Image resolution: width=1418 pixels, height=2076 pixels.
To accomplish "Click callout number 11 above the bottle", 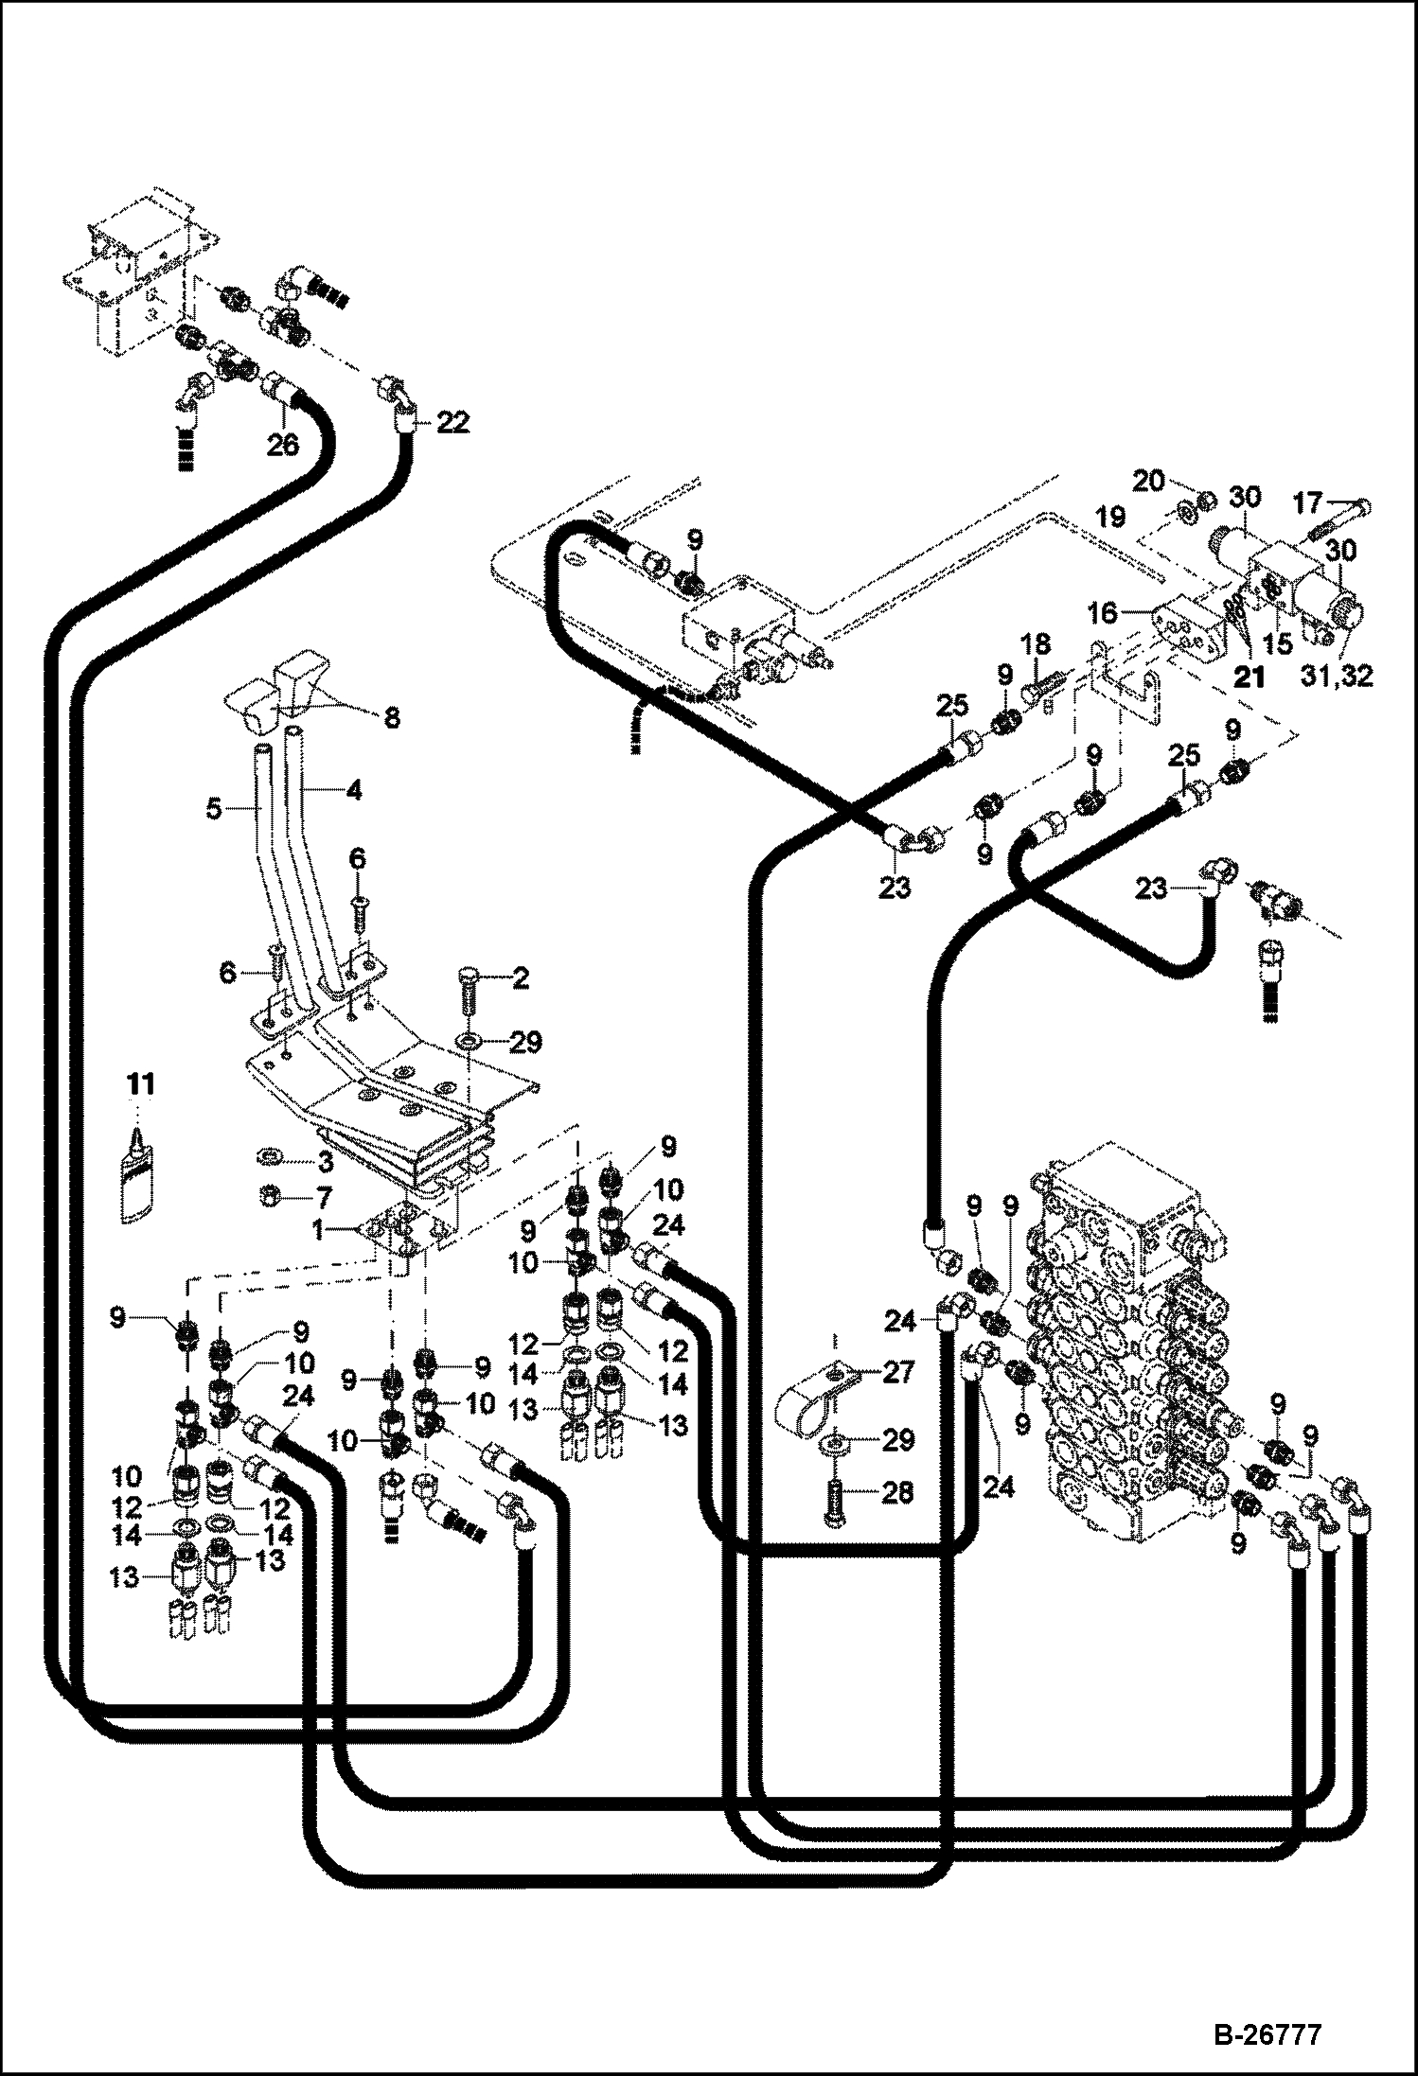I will click(140, 1085).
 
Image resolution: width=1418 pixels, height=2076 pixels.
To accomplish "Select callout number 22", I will click(453, 424).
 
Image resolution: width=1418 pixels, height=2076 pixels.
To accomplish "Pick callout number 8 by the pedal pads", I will click(390, 718).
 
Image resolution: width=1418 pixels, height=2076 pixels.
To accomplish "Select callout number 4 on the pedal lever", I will click(351, 789).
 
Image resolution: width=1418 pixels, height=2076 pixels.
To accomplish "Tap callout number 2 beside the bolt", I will click(520, 978).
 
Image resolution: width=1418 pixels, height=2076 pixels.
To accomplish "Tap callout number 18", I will click(1036, 645).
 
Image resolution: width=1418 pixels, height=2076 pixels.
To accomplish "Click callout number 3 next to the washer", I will click(325, 1161).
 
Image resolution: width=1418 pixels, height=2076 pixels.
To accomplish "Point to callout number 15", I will click(1276, 643).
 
